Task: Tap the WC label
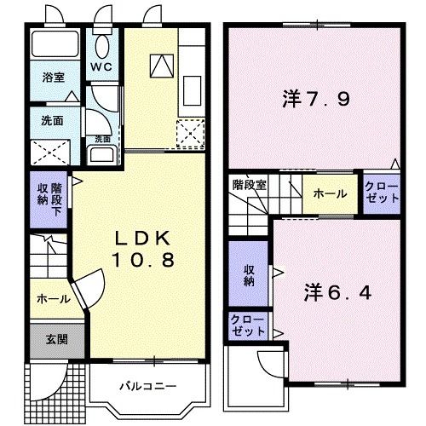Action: tap(101, 64)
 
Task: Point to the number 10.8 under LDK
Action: tap(142, 260)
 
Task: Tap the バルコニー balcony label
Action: tap(146, 386)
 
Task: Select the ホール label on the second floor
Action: tap(329, 193)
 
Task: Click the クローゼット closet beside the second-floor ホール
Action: tap(380, 192)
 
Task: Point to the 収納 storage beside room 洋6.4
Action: tap(248, 274)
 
